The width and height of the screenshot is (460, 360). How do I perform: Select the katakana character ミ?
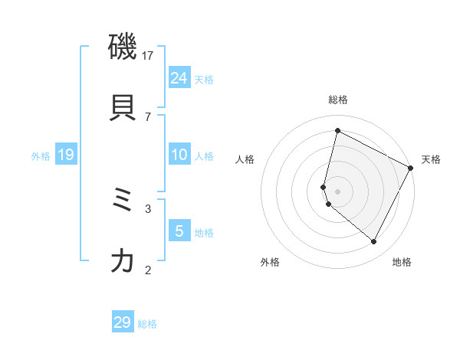coord(123,201)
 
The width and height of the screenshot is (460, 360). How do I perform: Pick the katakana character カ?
coord(123,261)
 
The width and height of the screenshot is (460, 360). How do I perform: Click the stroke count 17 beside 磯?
coord(148,56)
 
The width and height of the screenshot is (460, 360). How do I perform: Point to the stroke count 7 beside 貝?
coord(148,116)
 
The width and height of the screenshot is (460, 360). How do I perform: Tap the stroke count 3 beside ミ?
coord(148,208)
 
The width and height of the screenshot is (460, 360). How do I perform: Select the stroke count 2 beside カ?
coord(148,270)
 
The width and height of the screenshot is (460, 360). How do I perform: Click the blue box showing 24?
coord(179,78)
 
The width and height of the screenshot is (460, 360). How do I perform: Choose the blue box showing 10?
coord(179,155)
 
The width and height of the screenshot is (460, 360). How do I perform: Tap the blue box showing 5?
coord(179,231)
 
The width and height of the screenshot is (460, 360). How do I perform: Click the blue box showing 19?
coord(66,155)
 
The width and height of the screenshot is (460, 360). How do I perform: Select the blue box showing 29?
coord(123,322)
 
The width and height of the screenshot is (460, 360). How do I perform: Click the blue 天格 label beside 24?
coord(204,80)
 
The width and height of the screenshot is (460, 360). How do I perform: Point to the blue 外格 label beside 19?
coord(41,156)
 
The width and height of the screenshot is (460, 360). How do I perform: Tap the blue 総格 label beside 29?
coord(147,324)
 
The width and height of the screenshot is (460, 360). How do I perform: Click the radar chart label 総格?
coord(337,100)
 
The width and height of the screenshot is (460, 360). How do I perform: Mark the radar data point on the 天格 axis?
coord(411,169)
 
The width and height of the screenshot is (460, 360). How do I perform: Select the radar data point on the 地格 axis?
coord(374,242)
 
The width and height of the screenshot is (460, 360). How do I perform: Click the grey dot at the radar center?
coord(337,191)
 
